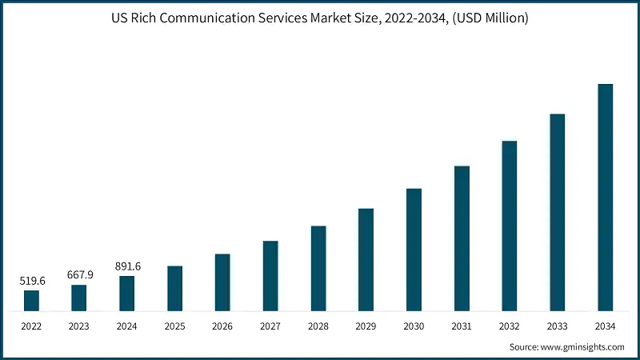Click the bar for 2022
(x=31, y=300)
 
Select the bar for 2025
(x=174, y=288)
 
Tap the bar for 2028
(x=318, y=268)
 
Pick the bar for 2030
(x=414, y=250)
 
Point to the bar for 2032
(x=510, y=226)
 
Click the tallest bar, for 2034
(x=605, y=197)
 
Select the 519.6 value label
(x=31, y=282)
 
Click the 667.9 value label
(x=79, y=274)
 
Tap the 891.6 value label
(x=127, y=266)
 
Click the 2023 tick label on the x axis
(x=79, y=326)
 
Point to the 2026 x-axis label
(x=222, y=326)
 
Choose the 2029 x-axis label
(x=366, y=326)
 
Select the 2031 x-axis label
(x=462, y=326)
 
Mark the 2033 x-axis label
(x=558, y=326)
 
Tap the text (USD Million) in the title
(x=490, y=18)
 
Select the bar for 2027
(x=270, y=275)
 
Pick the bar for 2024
(x=127, y=293)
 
